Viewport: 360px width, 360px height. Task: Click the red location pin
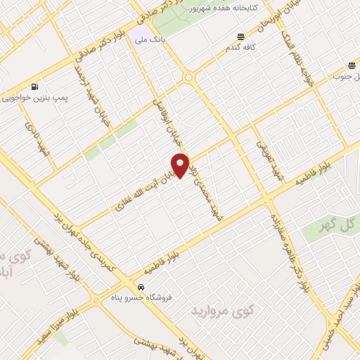coord(181,166)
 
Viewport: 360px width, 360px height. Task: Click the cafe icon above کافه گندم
coord(241,37)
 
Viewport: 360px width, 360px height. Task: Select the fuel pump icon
coord(35,87)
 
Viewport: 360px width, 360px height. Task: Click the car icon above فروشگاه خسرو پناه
coord(141,288)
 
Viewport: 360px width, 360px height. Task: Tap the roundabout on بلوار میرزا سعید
coord(96,302)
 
